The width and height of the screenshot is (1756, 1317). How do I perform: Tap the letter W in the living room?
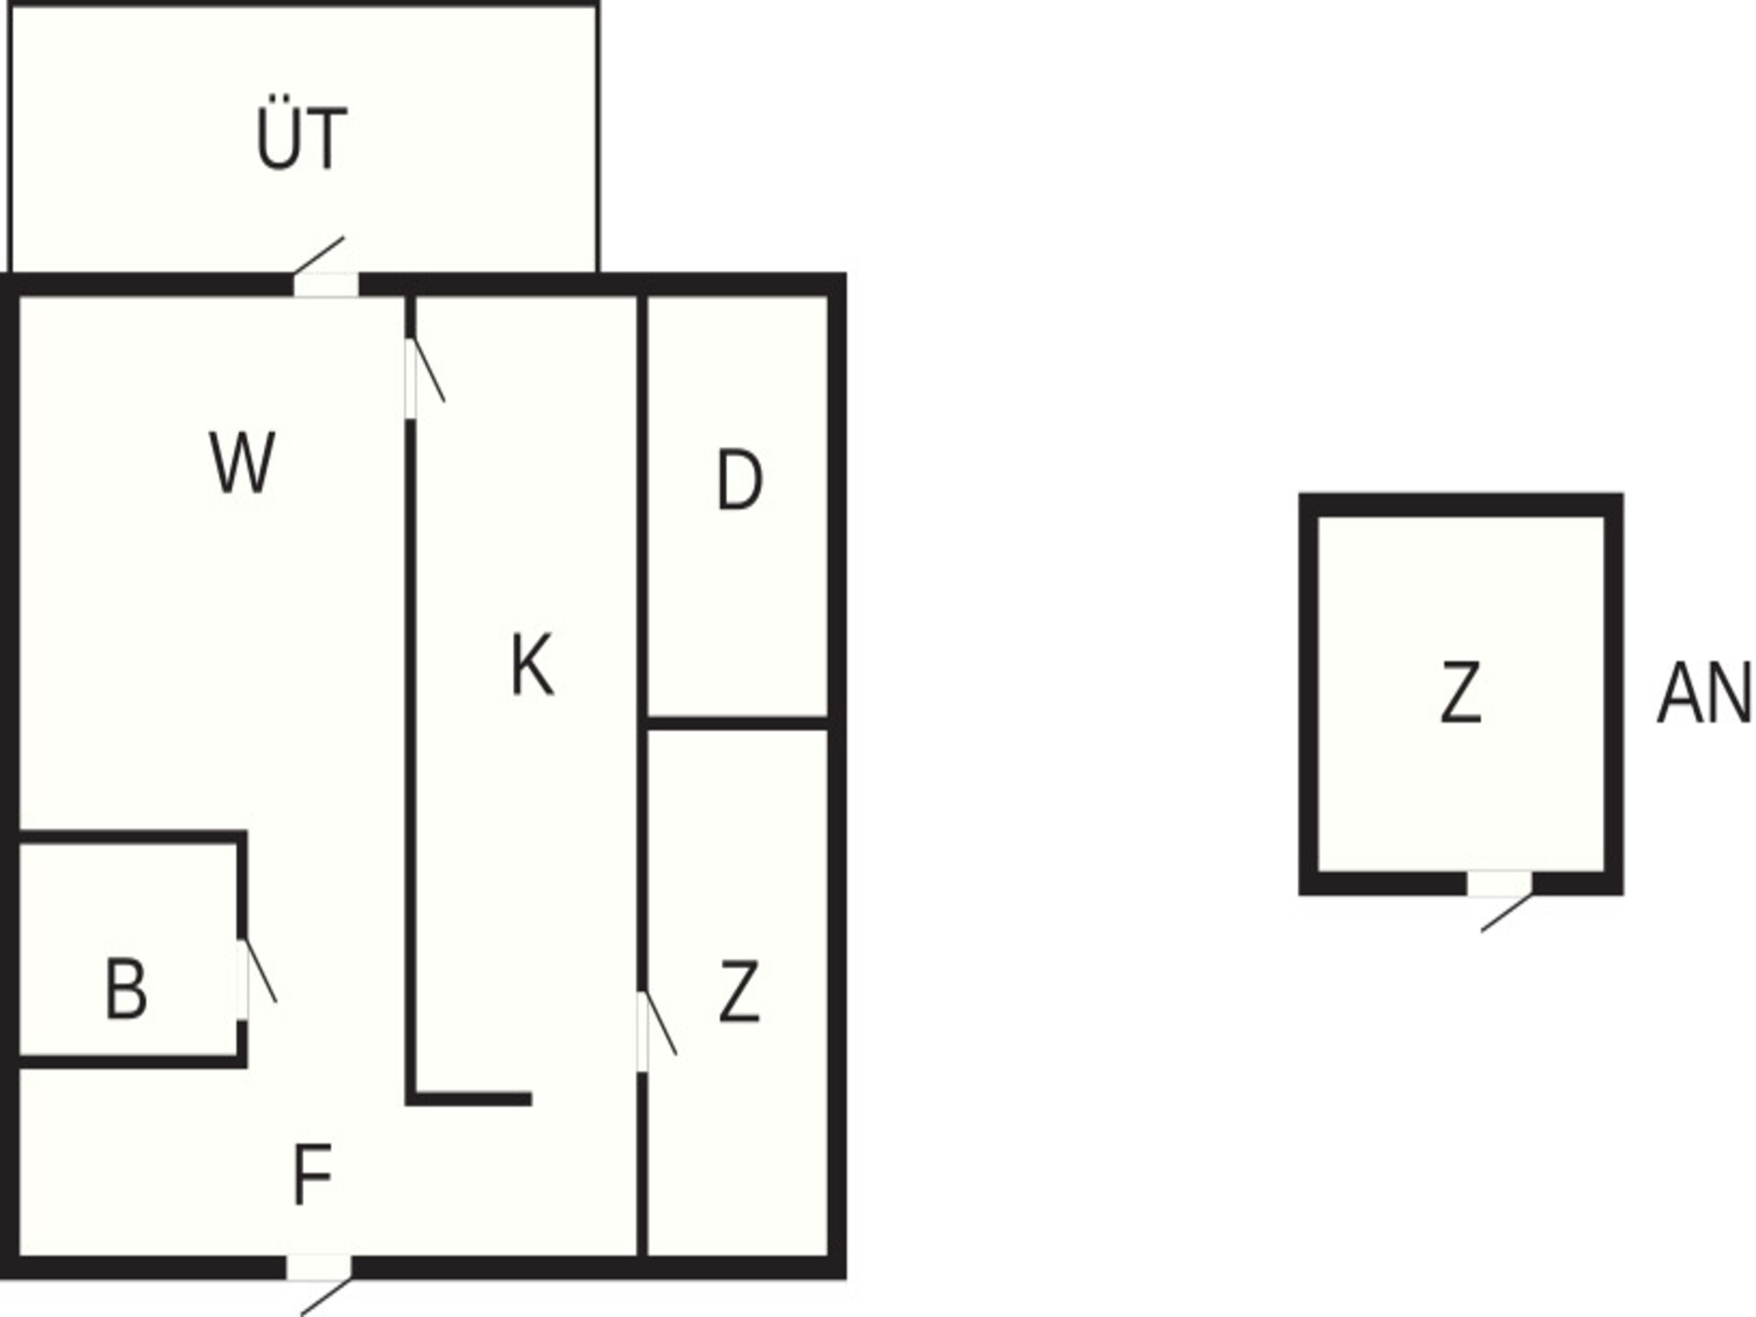click(242, 462)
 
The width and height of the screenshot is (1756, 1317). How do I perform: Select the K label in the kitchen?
click(531, 665)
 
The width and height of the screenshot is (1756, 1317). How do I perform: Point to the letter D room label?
click(739, 479)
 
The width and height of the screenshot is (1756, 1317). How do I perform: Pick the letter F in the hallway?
click(312, 1174)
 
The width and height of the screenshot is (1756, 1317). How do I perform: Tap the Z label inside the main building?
click(739, 991)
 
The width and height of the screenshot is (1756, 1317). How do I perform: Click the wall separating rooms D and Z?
click(737, 723)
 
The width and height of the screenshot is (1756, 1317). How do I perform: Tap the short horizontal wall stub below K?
click(469, 1098)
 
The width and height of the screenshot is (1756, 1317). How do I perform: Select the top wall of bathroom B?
click(133, 837)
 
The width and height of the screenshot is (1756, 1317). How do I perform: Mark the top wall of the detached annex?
click(1462, 505)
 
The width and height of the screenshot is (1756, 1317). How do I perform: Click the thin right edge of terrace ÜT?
click(598, 137)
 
